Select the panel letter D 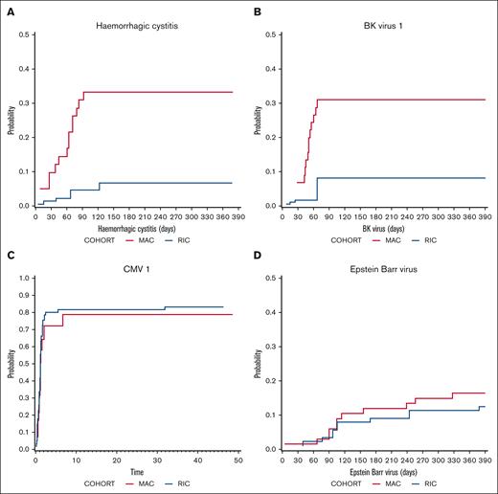pos(257,255)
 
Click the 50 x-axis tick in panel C pos(238,460)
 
